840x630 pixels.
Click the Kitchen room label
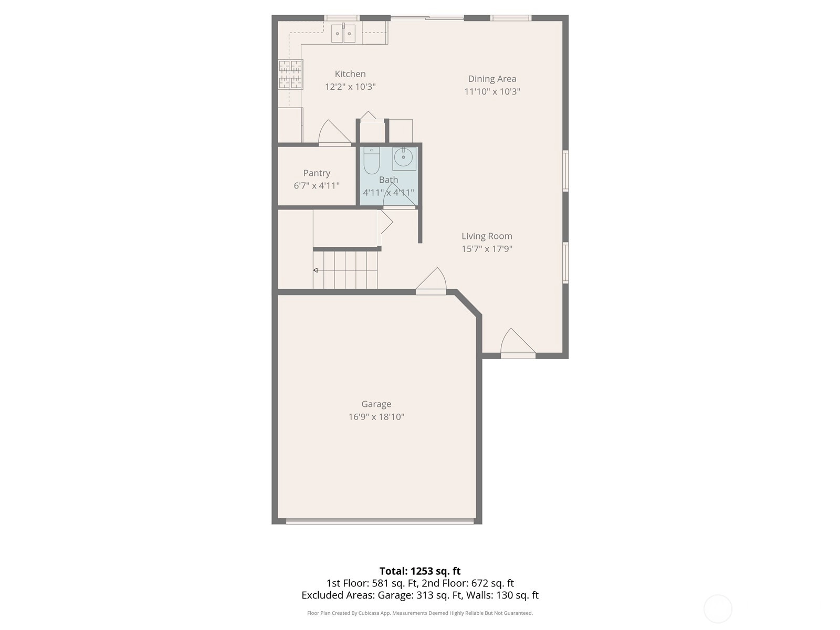pos(350,74)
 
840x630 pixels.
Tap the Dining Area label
pos(492,79)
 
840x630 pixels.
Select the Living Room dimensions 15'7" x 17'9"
pos(487,249)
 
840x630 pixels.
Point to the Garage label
pos(376,404)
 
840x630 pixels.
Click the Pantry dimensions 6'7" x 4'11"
pos(317,185)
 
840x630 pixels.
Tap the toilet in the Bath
pos(371,161)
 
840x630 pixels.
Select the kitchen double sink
pos(343,33)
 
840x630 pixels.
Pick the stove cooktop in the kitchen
pos(290,75)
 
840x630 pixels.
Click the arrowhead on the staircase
pos(316,270)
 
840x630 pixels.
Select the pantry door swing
pos(334,132)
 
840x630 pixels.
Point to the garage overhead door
pos(380,521)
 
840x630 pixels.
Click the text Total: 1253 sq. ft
pos(420,571)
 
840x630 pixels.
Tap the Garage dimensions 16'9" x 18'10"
pos(376,417)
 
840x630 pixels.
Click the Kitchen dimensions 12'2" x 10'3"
pos(350,87)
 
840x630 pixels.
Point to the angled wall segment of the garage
pos(468,303)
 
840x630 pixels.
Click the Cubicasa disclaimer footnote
pos(420,613)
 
